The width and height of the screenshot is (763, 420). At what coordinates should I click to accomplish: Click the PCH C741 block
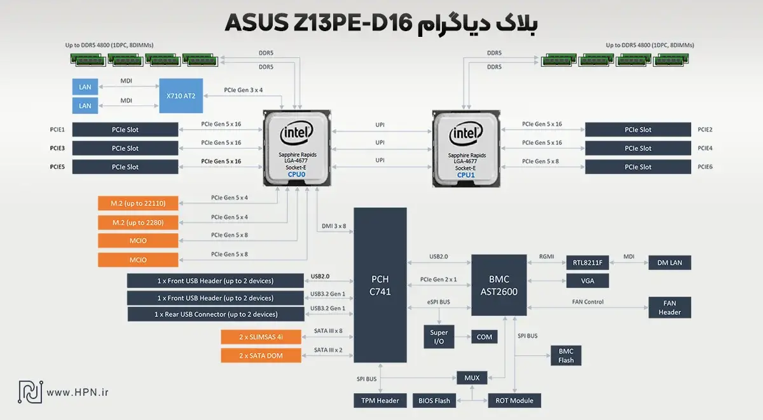click(x=380, y=285)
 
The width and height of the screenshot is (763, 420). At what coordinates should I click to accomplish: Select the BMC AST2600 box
click(x=498, y=285)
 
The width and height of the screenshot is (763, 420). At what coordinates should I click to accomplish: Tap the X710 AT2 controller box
click(x=181, y=95)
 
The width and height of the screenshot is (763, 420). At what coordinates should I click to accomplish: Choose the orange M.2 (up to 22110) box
click(x=138, y=203)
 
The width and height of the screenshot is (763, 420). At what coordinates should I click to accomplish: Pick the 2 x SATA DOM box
click(x=261, y=355)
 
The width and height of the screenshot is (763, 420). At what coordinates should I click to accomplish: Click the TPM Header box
click(x=380, y=400)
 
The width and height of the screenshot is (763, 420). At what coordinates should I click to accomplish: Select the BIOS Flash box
click(x=434, y=400)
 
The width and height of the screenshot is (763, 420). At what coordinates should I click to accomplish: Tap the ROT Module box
click(x=514, y=400)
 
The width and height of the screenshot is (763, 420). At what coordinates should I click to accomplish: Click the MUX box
click(x=472, y=377)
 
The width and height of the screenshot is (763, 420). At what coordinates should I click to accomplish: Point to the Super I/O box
click(x=439, y=337)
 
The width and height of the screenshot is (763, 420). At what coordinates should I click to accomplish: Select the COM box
click(x=485, y=337)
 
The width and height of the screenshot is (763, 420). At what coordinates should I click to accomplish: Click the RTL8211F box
click(x=588, y=262)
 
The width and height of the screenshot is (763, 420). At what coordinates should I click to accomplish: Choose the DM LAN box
click(x=669, y=262)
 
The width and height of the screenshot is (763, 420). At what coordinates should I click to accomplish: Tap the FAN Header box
click(x=669, y=307)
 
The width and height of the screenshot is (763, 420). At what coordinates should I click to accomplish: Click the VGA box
click(x=588, y=280)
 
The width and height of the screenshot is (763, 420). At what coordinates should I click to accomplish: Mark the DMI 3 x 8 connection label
click(x=331, y=226)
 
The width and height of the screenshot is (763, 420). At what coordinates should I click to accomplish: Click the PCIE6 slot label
click(x=705, y=166)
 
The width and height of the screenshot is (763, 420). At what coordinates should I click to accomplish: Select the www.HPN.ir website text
click(x=78, y=393)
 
